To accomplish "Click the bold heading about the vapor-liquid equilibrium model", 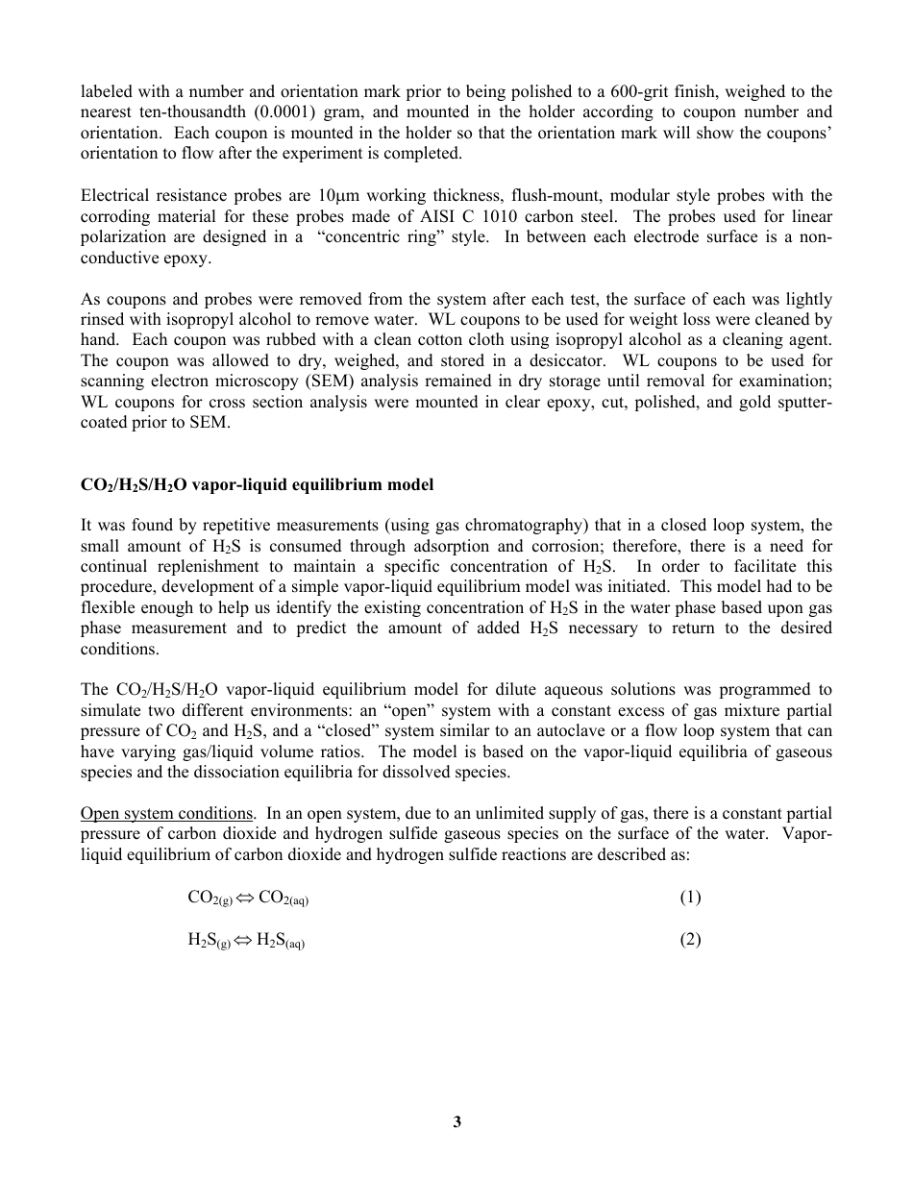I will (x=257, y=485).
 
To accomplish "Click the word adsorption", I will (x=466, y=547).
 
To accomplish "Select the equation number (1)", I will (x=690, y=898).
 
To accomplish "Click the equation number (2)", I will (x=690, y=940).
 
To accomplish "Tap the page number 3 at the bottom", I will (x=456, y=1121).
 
